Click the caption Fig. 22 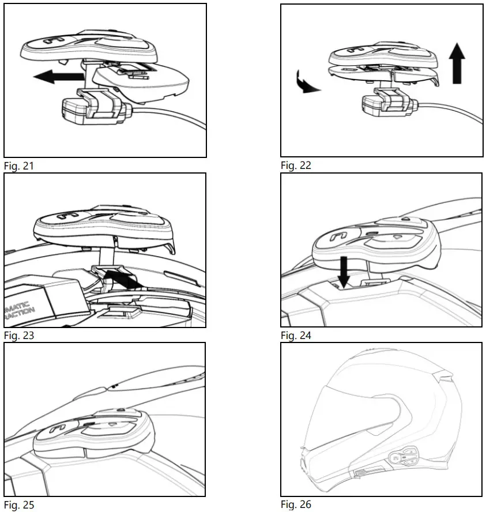[296, 166]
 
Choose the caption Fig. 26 [296, 505]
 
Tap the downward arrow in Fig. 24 [344, 271]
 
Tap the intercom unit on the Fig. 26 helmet [403, 459]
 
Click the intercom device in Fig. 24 [369, 242]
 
